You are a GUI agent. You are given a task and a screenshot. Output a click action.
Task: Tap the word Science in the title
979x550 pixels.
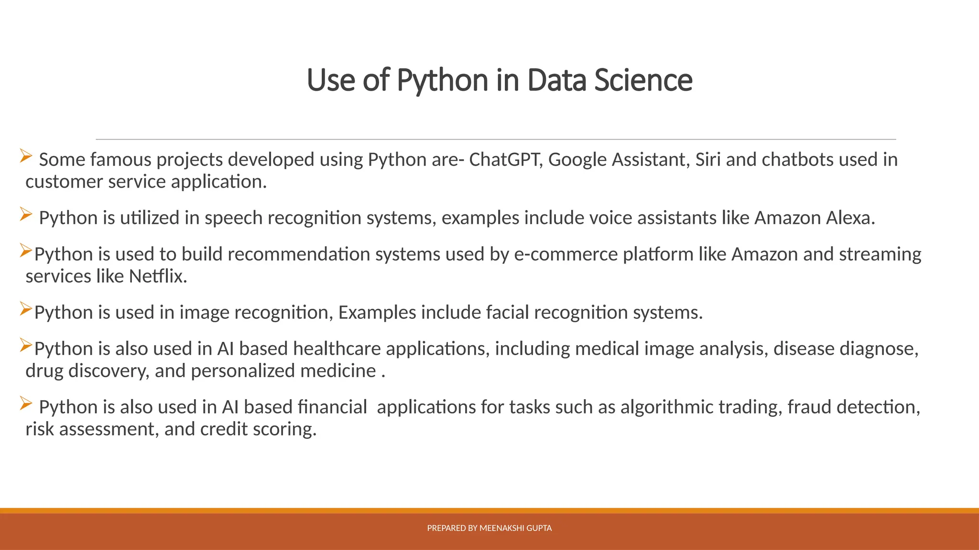(643, 80)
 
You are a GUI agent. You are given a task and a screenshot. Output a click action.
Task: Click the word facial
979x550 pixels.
(507, 312)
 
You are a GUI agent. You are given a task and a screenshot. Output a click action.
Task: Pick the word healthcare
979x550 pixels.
(337, 349)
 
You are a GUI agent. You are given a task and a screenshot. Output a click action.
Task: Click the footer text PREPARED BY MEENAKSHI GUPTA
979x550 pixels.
(489, 528)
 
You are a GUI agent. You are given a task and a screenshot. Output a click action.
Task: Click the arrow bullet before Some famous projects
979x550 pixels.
(26, 156)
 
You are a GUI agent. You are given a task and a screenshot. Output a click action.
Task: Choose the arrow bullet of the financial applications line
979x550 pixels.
(26, 403)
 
